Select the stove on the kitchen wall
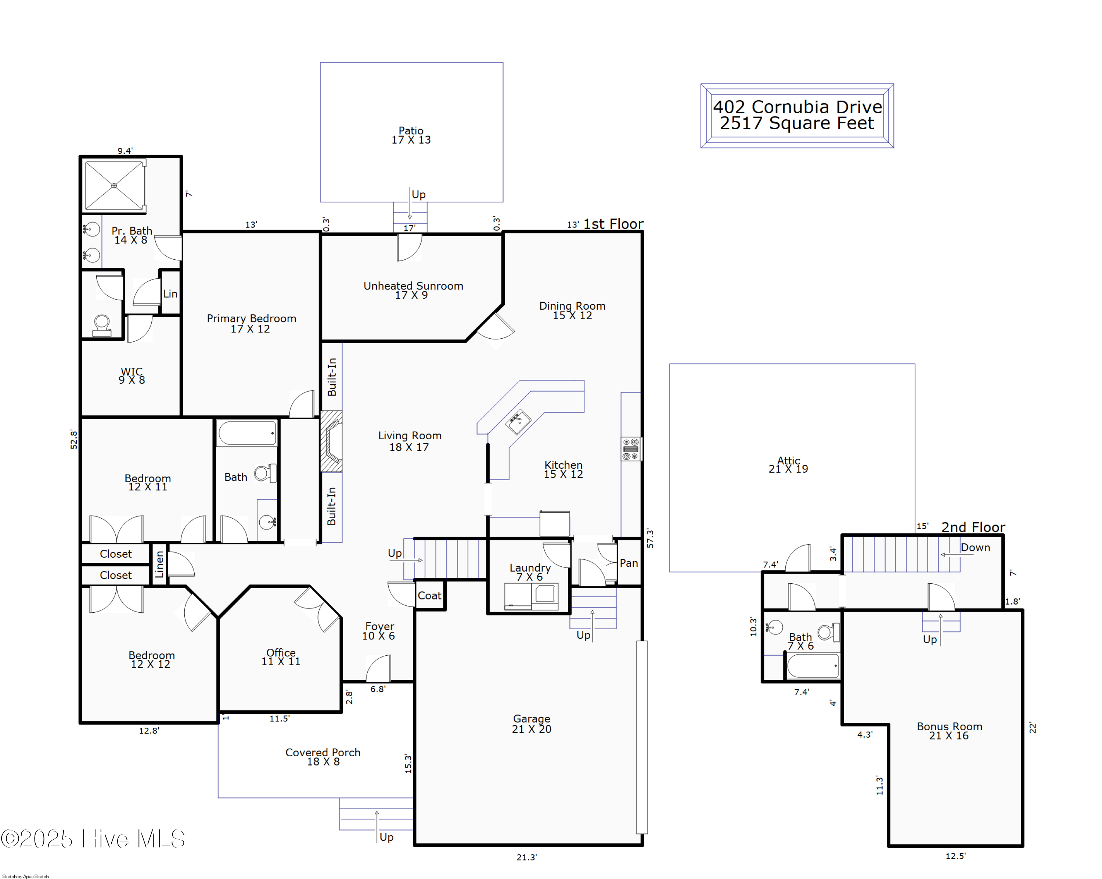tap(631, 449)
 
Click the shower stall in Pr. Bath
tap(114, 185)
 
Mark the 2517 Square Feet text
tap(796, 123)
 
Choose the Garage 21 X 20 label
tap(531, 723)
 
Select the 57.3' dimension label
tap(650, 538)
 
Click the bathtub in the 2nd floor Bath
tap(812, 666)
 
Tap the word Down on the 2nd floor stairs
tap(975, 547)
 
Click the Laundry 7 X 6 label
tap(530, 572)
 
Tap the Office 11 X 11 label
tap(281, 657)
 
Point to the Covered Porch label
tap(323, 756)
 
